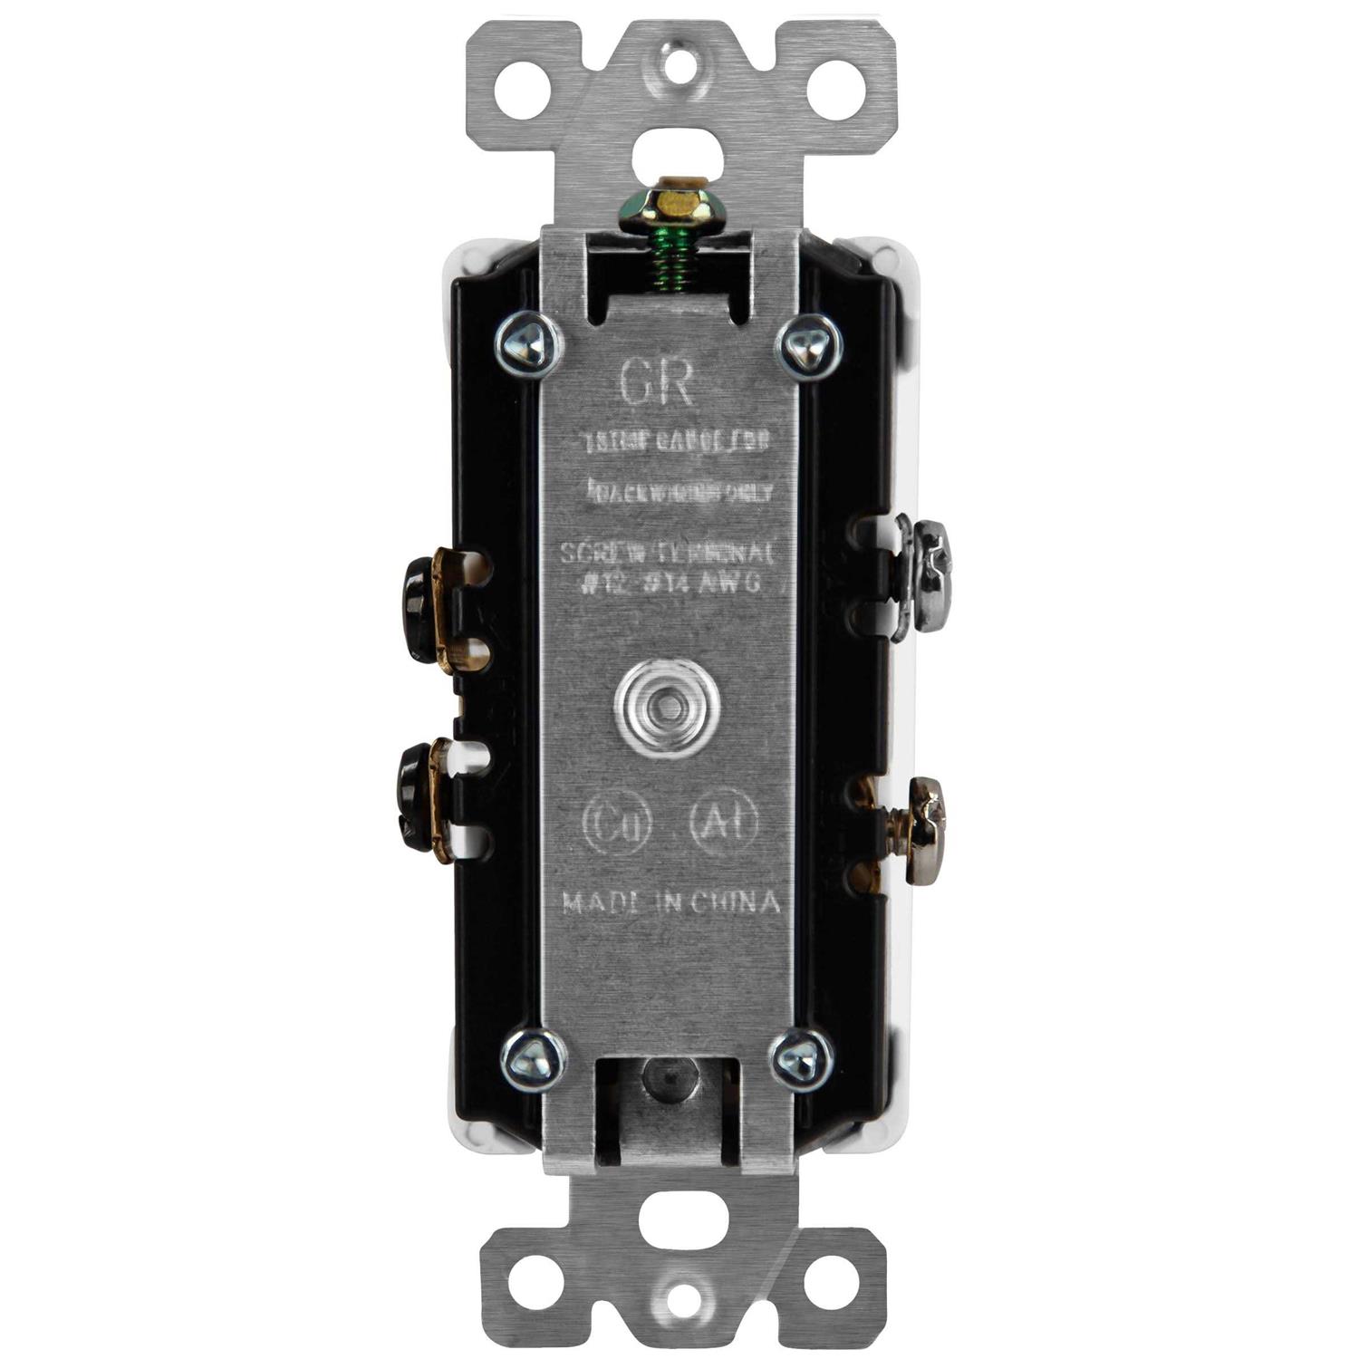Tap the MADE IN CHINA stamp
pos(670,902)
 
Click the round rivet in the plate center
pos(666,703)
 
